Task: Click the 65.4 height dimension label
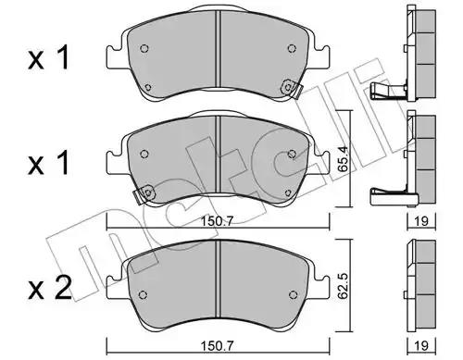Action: point(343,159)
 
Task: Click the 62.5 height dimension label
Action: point(343,286)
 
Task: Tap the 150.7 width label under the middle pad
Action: point(218,221)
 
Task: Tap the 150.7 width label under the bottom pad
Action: point(218,346)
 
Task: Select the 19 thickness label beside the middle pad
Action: point(421,221)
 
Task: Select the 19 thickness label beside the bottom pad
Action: point(421,346)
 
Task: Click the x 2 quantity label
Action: point(49,288)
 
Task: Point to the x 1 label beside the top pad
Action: point(48,58)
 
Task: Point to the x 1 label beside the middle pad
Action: point(48,164)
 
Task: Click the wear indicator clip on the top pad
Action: point(292,89)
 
